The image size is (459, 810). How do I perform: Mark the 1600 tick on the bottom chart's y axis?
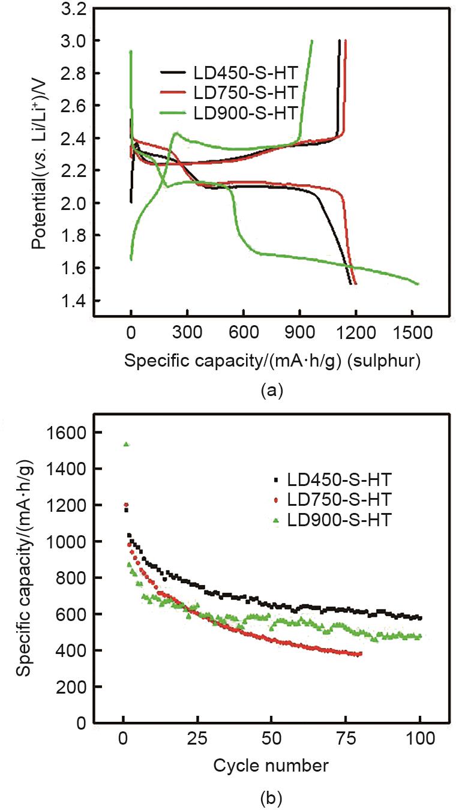tap(72, 433)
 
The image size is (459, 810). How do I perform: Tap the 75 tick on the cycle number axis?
tap(346, 739)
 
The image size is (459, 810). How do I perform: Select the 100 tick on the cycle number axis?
tap(419, 739)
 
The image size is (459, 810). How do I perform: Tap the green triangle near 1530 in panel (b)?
tap(126, 444)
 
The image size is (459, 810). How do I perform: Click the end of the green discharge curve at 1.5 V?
tap(417, 283)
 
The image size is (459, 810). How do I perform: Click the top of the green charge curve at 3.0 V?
tap(311, 41)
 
